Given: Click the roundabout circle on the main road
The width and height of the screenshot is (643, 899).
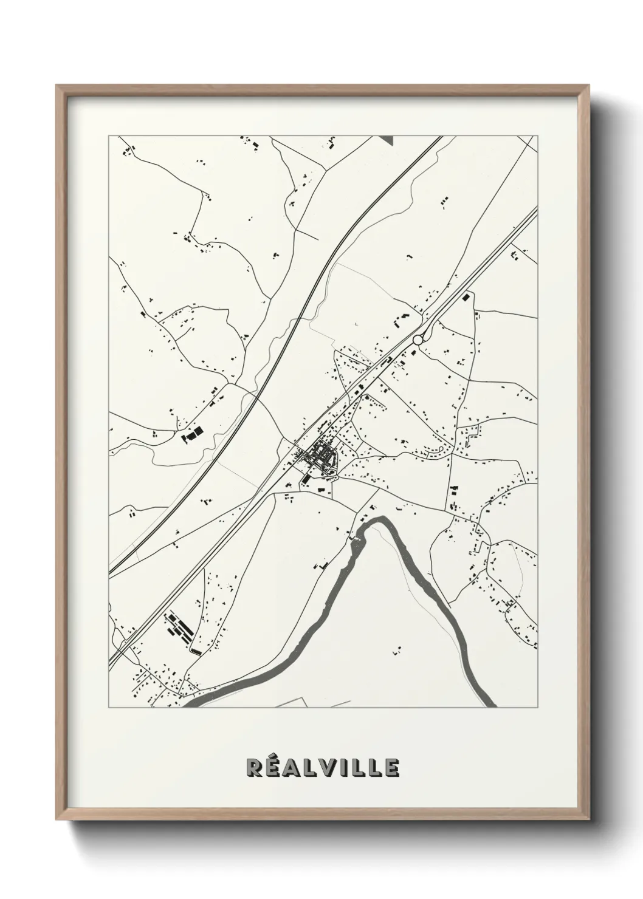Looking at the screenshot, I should point(418,340).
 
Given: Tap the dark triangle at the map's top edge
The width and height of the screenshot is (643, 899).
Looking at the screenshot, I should point(387,139).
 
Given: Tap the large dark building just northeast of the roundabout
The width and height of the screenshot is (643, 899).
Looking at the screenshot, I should point(467,298).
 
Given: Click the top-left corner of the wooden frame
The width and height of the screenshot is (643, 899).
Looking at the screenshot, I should point(58,86).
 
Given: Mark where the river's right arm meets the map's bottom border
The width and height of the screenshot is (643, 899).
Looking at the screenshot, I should point(492,706).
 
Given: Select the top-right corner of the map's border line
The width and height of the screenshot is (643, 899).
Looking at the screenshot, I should point(538,136).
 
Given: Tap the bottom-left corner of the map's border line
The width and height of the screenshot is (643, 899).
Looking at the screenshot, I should point(109,708).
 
